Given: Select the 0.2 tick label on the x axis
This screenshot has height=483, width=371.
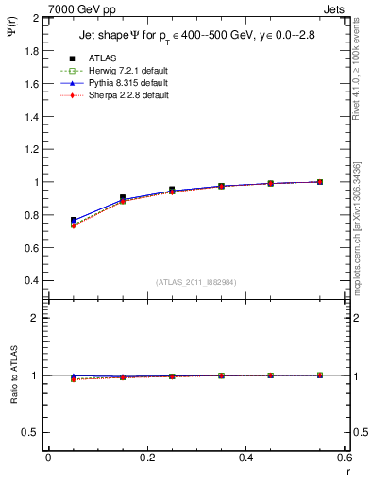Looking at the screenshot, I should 147,458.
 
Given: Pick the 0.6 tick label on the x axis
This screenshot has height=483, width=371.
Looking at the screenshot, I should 345,458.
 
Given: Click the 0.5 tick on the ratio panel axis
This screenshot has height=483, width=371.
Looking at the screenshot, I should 32,432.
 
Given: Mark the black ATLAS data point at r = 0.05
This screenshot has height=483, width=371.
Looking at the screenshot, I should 74,220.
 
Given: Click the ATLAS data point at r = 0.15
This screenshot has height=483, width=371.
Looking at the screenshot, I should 123,198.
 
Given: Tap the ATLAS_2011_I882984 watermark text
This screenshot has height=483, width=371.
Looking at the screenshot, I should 196,282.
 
